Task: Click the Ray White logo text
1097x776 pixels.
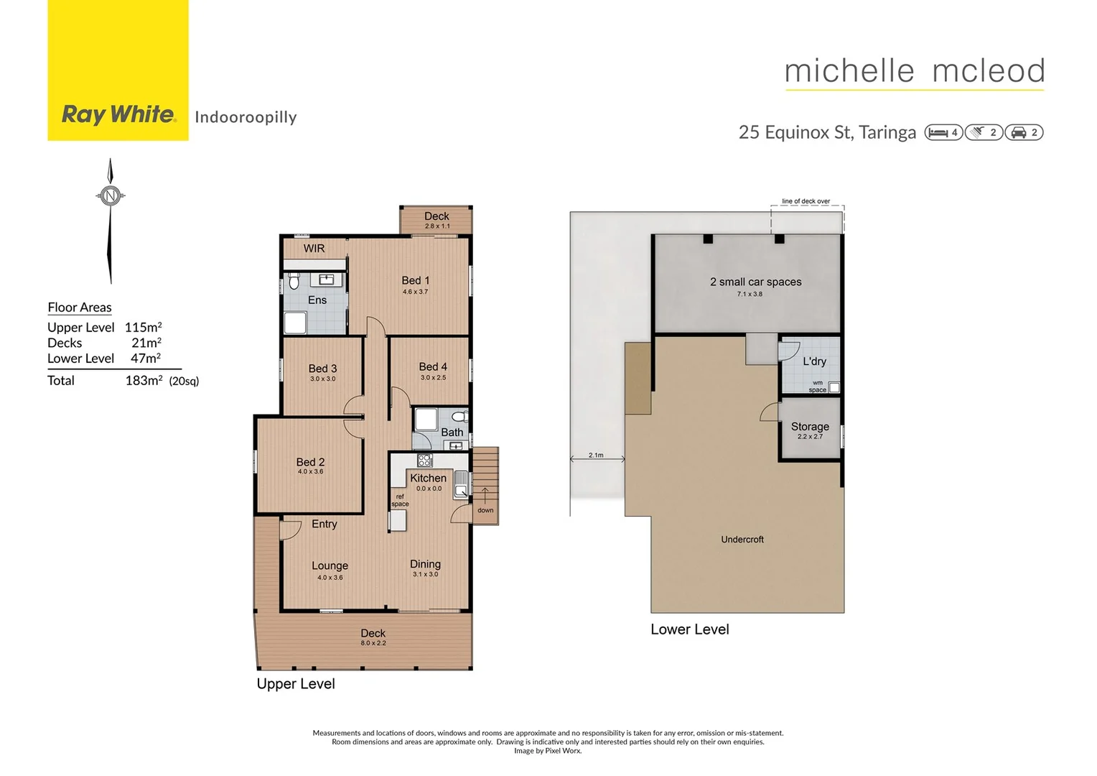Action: point(118,114)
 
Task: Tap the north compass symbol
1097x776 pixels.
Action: point(110,195)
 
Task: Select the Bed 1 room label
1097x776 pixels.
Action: point(415,280)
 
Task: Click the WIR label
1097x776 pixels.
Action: point(314,249)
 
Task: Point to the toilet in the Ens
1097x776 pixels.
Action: point(294,282)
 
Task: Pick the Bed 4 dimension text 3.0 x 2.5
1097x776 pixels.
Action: point(433,377)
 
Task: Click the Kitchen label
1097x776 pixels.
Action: point(428,478)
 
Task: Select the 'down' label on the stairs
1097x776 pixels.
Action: point(485,510)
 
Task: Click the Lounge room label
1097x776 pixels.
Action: point(330,565)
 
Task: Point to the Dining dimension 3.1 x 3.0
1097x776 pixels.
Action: point(425,574)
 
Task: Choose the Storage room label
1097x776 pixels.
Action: point(810,426)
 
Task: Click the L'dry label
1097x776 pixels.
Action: point(814,361)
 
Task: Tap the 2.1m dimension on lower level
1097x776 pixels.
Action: point(596,455)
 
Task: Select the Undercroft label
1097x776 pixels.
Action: point(742,540)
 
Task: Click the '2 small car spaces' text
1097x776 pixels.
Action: point(755,282)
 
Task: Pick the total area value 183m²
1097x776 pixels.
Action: point(144,381)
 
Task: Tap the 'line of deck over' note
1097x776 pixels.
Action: point(806,201)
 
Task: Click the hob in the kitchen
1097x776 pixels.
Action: point(425,461)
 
